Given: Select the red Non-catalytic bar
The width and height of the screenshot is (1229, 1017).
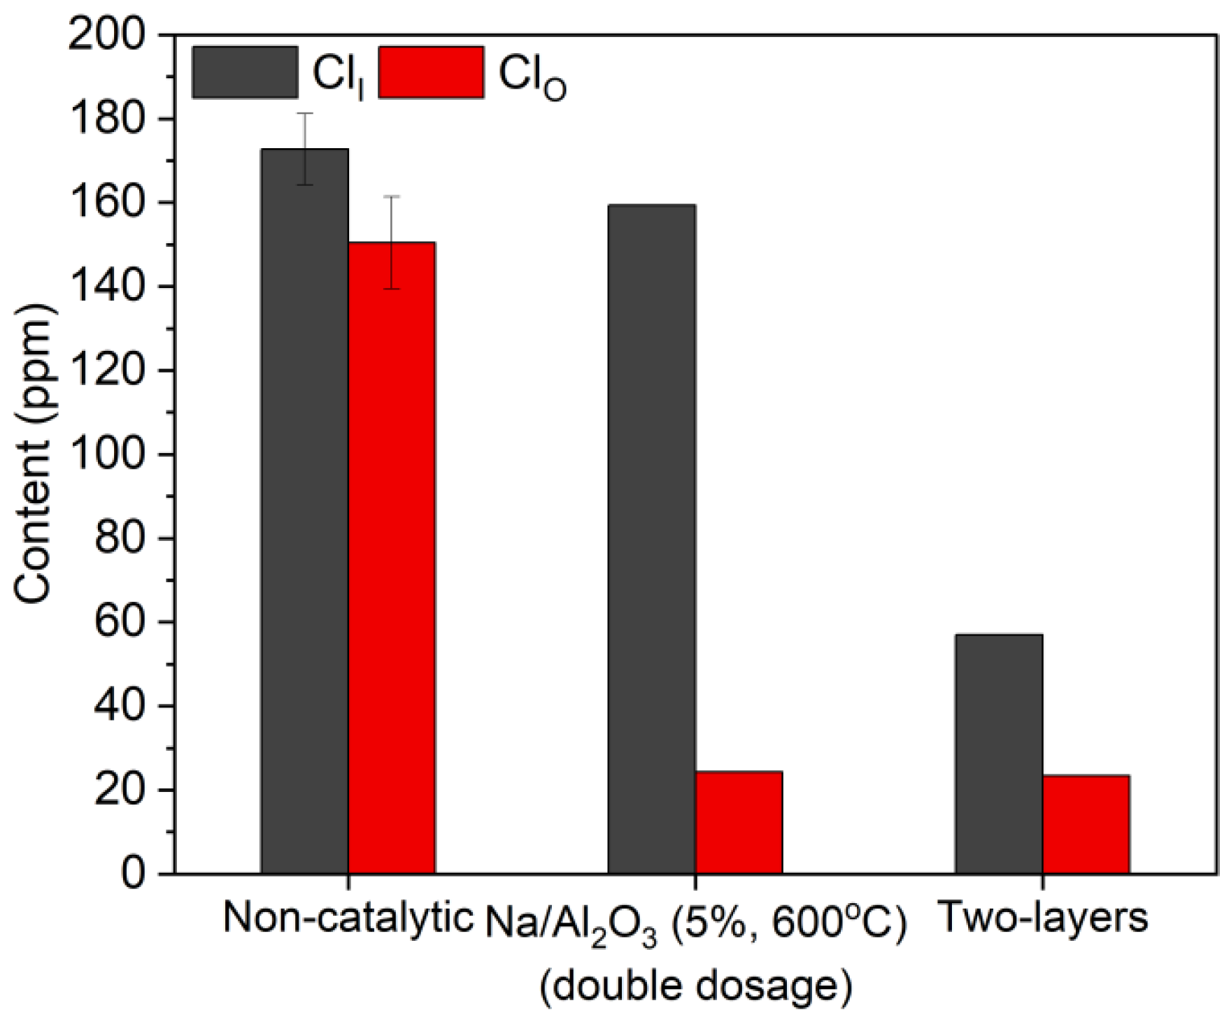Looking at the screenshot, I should pyautogui.click(x=392, y=559).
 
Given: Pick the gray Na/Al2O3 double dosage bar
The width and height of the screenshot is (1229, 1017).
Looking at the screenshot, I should pyautogui.click(x=651, y=538).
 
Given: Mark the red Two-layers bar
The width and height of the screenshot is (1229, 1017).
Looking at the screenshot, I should pyautogui.click(x=1086, y=824).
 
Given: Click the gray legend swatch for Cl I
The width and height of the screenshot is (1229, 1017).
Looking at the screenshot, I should pyautogui.click(x=245, y=73).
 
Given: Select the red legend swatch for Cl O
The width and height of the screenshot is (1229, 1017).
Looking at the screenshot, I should pyautogui.click(x=431, y=73).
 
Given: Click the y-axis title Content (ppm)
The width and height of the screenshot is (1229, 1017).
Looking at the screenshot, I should pyautogui.click(x=34, y=454).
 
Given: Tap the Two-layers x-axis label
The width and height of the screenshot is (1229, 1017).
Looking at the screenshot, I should pyautogui.click(x=1042, y=918).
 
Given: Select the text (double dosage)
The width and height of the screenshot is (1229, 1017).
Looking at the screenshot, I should pyautogui.click(x=696, y=986).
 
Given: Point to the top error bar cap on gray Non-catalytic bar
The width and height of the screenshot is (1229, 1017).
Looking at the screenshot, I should pyautogui.click(x=305, y=113).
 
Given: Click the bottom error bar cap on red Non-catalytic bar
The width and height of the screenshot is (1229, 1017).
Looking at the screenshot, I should pyautogui.click(x=392, y=289).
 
